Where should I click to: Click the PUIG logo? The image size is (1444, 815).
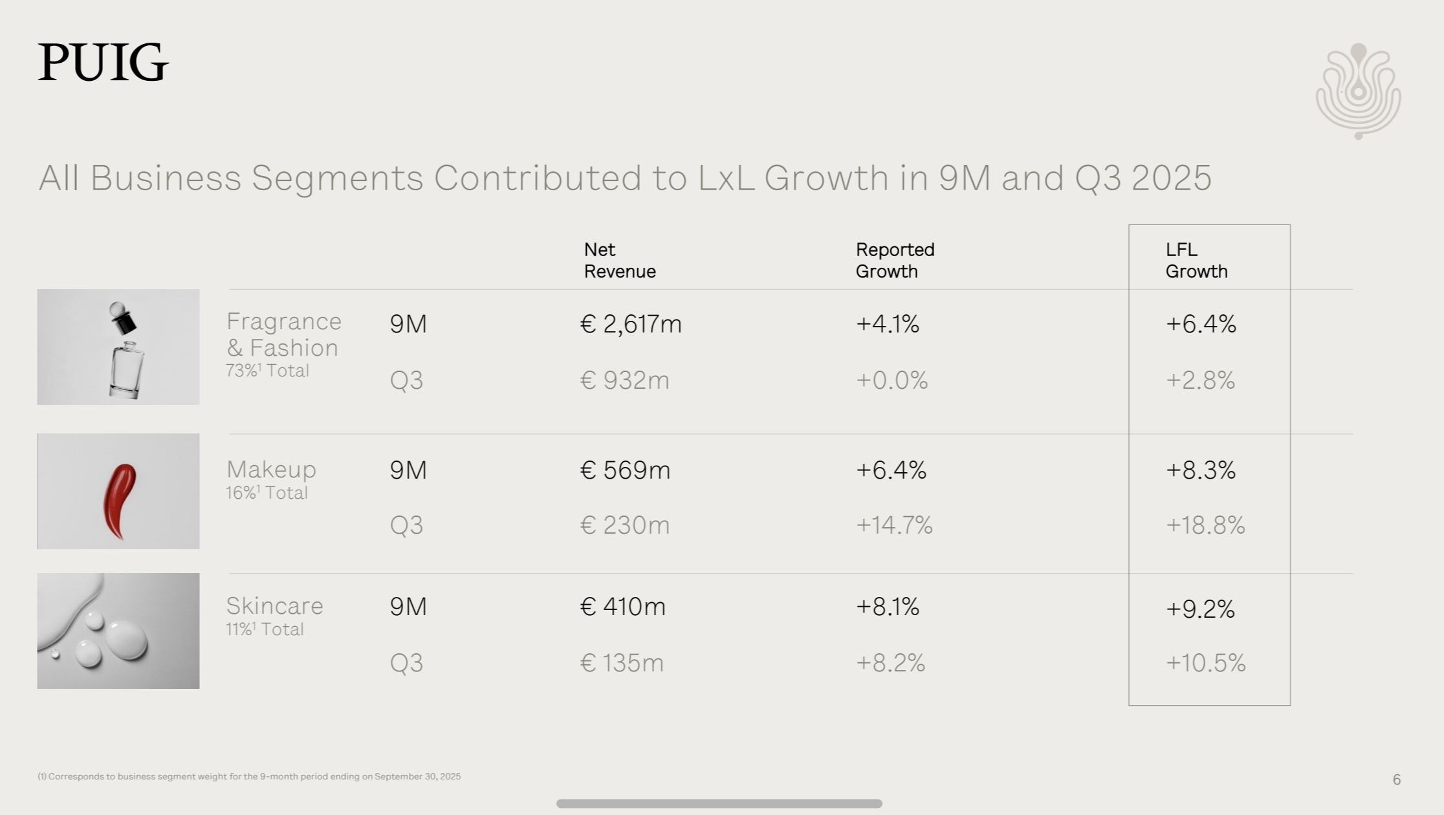103,63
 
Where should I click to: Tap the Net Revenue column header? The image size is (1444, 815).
619,260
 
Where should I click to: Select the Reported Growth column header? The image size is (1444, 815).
895,260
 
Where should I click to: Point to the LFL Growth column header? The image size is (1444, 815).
1196,260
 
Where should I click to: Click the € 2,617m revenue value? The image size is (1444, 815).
631,323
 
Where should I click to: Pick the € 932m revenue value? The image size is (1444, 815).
624,380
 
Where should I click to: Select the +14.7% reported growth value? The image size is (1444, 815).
894,525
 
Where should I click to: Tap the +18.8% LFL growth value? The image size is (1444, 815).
1205,525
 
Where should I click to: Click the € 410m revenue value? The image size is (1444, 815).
622,607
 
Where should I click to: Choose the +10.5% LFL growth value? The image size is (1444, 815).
1205,663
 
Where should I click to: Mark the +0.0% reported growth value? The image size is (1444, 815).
892,380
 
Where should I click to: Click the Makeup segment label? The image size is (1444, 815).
271,469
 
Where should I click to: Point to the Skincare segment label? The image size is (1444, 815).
274,606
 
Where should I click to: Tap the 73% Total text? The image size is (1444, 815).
267,371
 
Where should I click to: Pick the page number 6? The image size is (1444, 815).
1396,779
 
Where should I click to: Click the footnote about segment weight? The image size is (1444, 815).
249,776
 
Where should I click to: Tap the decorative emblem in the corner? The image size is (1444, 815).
1358,91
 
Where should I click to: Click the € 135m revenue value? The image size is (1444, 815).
622,663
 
